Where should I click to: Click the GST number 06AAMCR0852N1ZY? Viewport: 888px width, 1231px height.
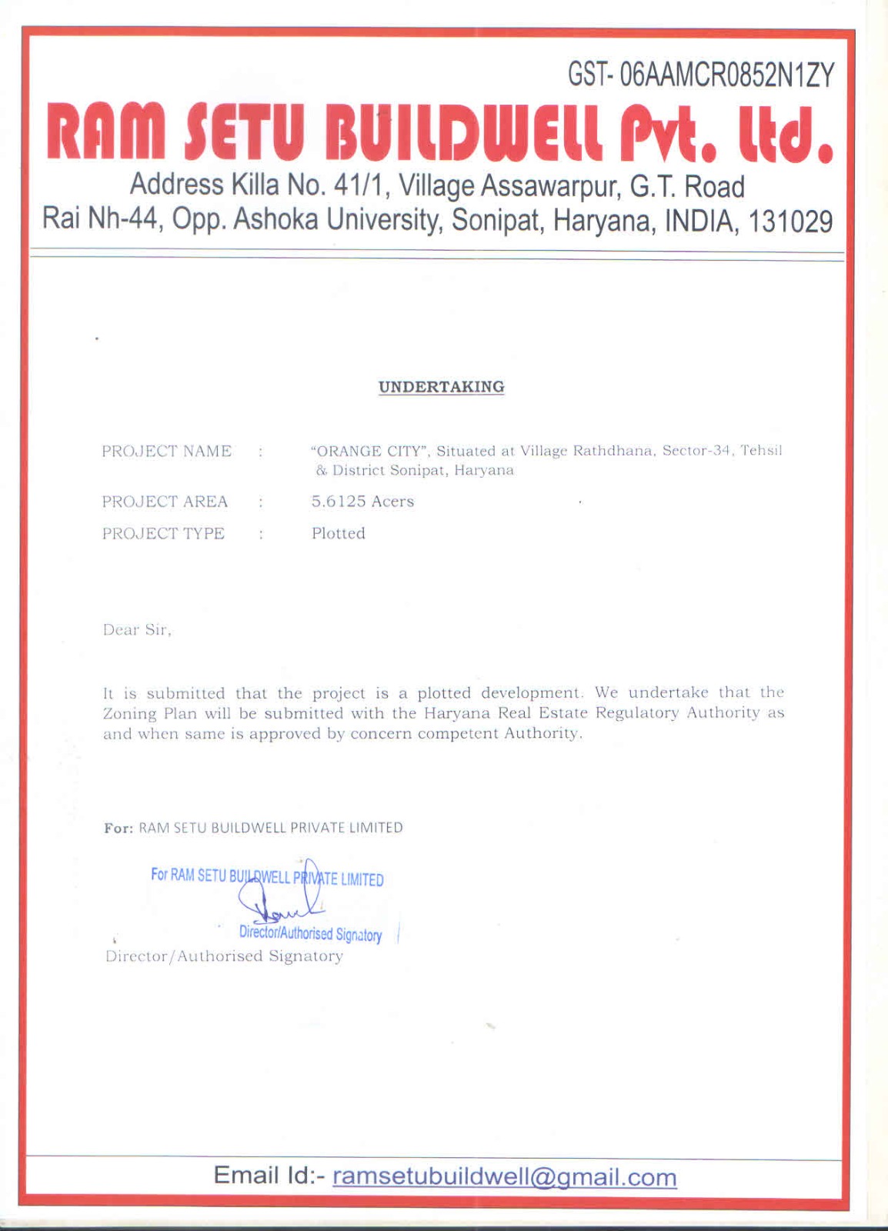(726, 75)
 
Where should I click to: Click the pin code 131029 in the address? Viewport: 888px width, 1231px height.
(790, 221)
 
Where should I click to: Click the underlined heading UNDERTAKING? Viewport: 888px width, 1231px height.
(441, 387)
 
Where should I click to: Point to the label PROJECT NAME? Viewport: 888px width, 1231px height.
(166, 452)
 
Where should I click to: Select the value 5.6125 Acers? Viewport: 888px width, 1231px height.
(362, 502)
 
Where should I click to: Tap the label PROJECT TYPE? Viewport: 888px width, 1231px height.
(163, 534)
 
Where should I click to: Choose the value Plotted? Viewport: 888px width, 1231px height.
(338, 534)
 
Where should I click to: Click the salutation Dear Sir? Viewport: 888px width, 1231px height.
(137, 630)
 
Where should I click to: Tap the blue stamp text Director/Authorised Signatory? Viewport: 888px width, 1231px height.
(310, 934)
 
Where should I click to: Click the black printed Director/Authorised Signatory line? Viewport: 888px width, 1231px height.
(224, 956)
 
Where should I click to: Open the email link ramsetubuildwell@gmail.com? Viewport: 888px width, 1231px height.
(504, 1177)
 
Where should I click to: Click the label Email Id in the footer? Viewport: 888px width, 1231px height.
(270, 1176)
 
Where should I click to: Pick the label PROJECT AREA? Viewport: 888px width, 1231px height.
(165, 502)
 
